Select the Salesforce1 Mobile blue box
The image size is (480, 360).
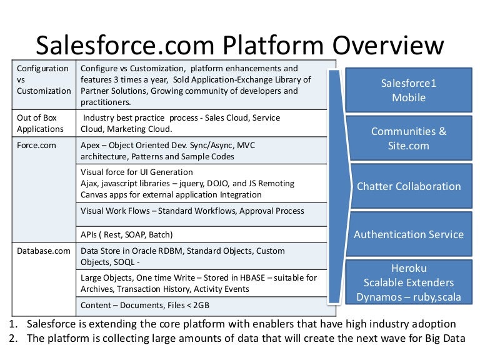coord(409,91)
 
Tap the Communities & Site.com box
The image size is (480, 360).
coord(409,139)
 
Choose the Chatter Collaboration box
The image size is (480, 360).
coord(409,186)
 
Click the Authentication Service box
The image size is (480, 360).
coord(409,234)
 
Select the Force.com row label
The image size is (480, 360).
coord(35,145)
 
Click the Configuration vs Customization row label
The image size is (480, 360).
coord(43,79)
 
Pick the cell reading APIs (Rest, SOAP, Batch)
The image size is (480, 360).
coord(127,234)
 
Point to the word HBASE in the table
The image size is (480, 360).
coord(244,277)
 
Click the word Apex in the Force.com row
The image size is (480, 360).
coord(92,145)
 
